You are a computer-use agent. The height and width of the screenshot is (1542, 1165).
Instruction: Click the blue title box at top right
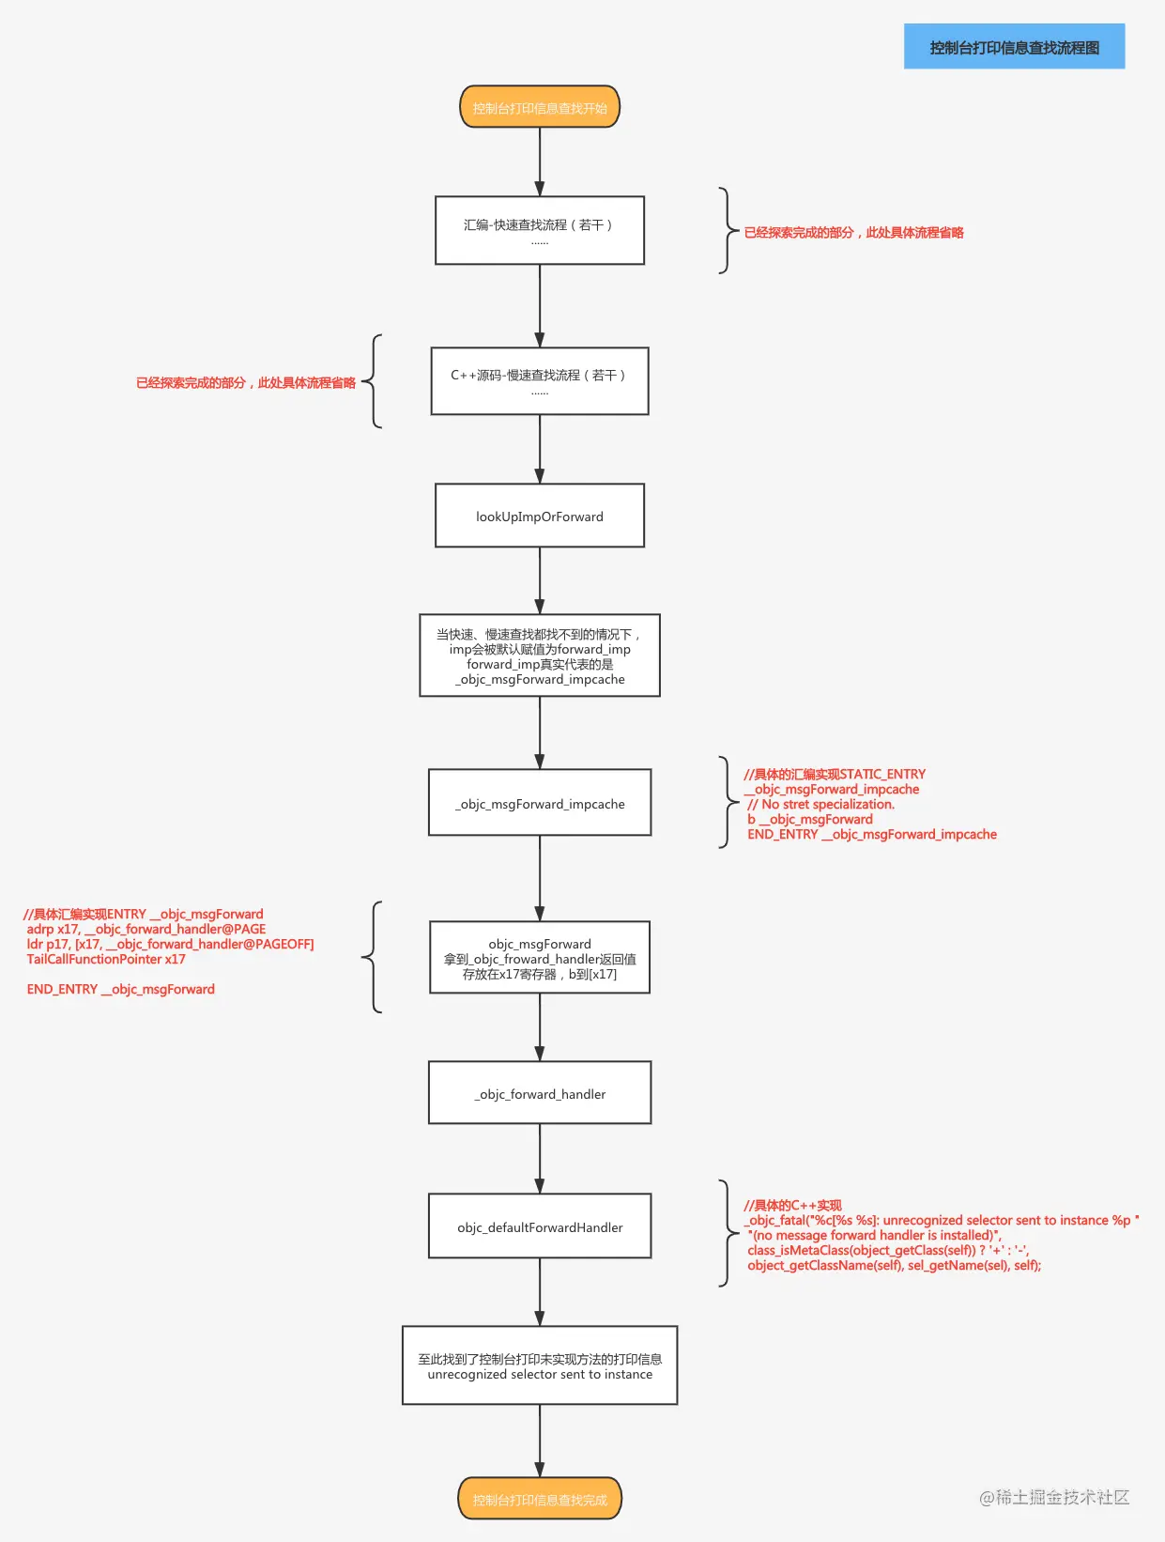point(1014,47)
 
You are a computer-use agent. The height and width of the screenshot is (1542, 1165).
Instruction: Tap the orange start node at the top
point(540,107)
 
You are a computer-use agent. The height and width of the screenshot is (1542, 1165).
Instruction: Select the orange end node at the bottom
point(540,1499)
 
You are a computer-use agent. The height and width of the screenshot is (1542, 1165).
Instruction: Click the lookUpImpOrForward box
point(540,516)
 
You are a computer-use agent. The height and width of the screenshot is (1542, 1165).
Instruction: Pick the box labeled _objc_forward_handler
point(540,1093)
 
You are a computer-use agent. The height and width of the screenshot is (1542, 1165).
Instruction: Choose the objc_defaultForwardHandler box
point(540,1226)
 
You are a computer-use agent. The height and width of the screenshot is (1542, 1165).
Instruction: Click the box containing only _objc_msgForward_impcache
point(540,803)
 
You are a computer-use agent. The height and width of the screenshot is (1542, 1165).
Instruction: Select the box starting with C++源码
point(540,381)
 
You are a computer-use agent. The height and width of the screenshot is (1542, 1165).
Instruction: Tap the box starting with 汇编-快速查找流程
point(540,230)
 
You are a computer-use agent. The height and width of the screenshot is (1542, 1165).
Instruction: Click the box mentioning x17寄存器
point(540,958)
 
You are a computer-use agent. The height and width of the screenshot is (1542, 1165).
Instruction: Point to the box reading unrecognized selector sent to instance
point(540,1365)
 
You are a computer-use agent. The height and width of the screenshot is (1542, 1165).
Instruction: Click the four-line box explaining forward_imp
point(540,655)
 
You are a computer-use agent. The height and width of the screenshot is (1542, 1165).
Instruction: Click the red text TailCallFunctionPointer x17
point(106,959)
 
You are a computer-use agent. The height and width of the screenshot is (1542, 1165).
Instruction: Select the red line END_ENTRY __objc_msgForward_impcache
point(872,834)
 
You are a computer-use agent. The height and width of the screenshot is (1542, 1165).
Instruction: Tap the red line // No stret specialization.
point(821,804)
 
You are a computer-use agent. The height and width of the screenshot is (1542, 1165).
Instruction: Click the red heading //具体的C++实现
point(793,1205)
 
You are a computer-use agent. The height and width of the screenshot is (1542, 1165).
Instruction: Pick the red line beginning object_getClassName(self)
point(894,1265)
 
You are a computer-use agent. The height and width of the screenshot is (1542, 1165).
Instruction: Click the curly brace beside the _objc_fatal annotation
point(727,1233)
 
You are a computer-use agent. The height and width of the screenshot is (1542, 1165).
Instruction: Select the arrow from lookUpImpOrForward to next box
point(540,580)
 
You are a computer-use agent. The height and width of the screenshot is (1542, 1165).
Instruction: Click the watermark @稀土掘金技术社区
point(1054,1497)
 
